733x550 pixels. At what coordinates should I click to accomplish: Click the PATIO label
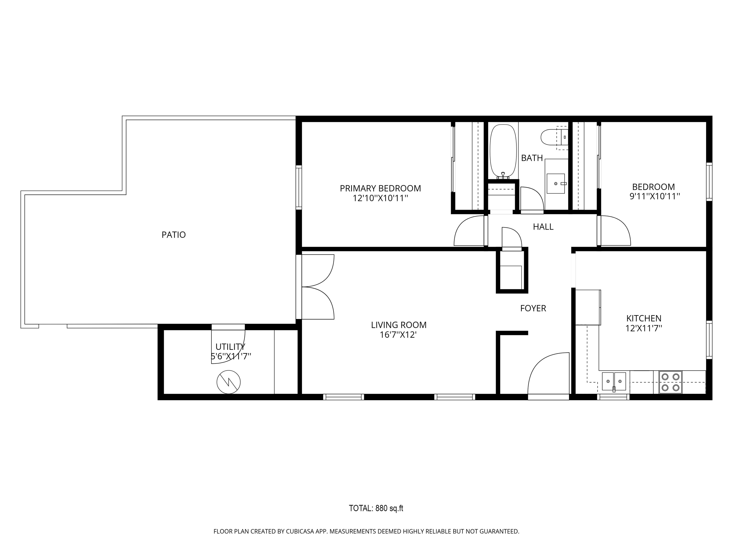173,235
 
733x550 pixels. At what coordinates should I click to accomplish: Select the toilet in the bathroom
554,137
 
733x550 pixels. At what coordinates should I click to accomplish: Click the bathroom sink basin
556,183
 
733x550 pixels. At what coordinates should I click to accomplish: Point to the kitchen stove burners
670,382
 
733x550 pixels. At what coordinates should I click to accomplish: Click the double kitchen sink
614,381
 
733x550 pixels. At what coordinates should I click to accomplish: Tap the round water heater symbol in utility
228,382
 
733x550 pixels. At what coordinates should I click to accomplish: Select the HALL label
543,227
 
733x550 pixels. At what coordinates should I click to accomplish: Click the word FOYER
533,308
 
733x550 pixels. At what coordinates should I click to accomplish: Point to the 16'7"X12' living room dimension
398,335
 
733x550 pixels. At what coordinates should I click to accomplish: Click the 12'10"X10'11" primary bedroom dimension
380,198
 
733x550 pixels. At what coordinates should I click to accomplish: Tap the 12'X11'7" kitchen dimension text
643,328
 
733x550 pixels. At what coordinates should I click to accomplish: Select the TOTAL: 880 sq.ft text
376,508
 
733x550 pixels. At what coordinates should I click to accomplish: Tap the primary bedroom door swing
469,231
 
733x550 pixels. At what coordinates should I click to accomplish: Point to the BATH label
532,158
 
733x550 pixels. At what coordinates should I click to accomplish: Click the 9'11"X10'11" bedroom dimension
654,196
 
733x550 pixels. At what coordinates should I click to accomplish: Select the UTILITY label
230,347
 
